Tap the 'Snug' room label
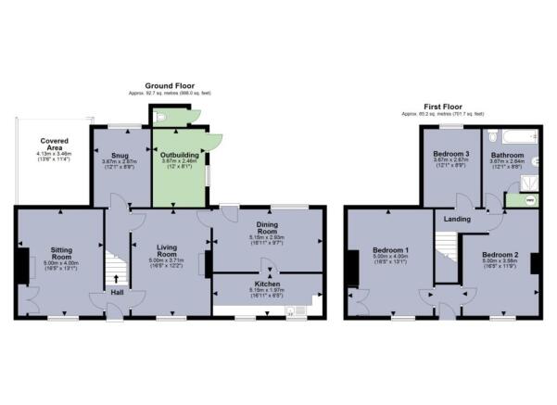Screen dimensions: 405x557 click(x=120, y=156)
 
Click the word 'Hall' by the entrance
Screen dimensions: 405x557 click(x=117, y=294)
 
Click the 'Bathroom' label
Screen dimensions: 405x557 click(x=507, y=155)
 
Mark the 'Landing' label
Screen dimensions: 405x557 click(x=458, y=220)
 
